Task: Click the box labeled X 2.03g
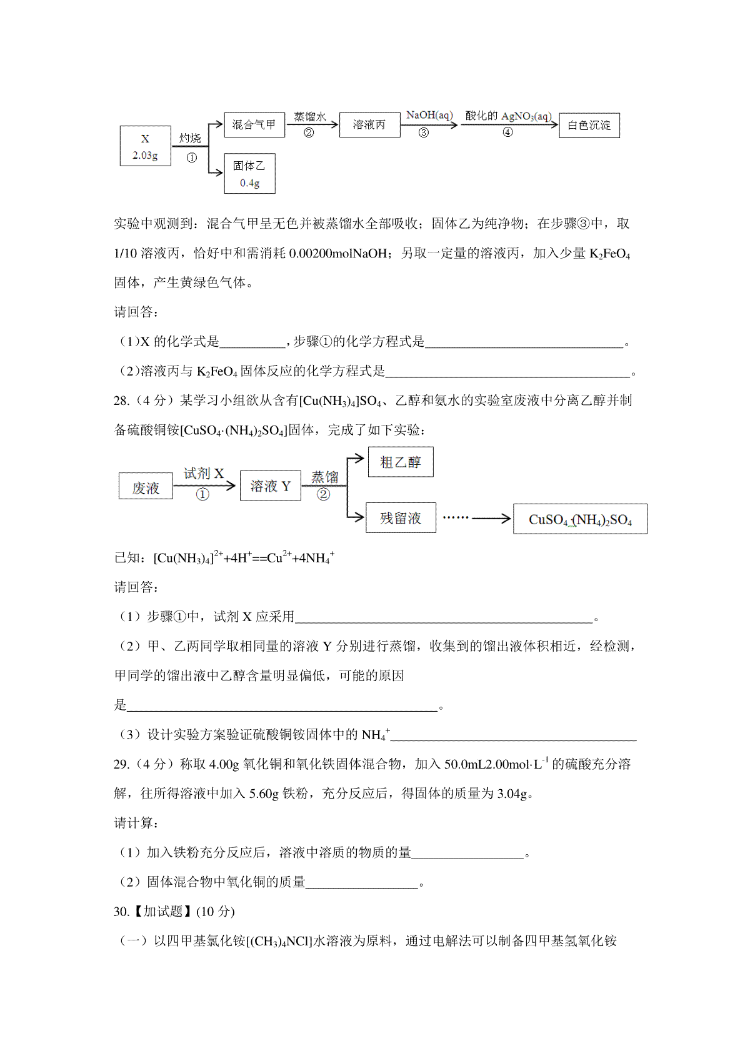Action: click(145, 146)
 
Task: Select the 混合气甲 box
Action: click(254, 124)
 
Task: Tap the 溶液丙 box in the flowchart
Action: click(369, 124)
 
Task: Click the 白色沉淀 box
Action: click(589, 125)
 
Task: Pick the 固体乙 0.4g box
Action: click(249, 173)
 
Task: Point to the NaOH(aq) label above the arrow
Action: click(429, 115)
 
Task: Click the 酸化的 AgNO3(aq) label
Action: click(508, 116)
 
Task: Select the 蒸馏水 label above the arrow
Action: click(310, 116)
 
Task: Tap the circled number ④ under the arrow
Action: click(507, 132)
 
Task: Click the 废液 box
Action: click(146, 486)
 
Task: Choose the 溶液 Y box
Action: click(270, 486)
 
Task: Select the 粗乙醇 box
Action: click(400, 462)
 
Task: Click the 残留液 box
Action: click(400, 517)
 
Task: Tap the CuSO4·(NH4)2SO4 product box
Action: click(579, 519)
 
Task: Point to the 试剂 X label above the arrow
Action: click(203, 474)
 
